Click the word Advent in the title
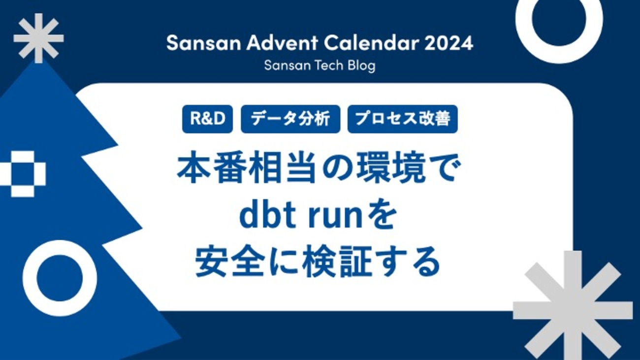[x=282, y=43]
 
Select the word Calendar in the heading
[x=371, y=43]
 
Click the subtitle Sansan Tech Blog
[x=320, y=65]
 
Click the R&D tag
[x=207, y=119]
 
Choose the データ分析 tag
[x=290, y=119]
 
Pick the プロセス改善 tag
[x=403, y=119]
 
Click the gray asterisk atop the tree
[x=38, y=38]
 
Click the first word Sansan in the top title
[x=204, y=43]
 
